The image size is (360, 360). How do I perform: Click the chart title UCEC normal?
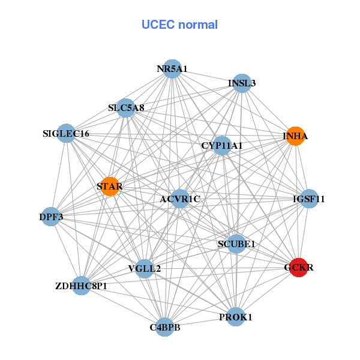[x=179, y=25]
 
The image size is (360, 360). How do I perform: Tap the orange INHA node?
[x=295, y=136]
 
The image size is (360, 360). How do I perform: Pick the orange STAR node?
[x=110, y=187]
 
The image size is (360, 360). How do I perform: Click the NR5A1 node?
[x=172, y=69]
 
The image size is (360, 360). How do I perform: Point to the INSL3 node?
[x=242, y=83]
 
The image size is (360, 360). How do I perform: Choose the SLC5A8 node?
[x=126, y=109]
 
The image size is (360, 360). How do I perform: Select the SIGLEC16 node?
[x=66, y=133]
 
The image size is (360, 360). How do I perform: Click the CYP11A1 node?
[x=222, y=145]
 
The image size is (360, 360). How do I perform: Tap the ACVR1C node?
[x=181, y=199]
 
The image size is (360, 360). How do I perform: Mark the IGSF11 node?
[x=308, y=199]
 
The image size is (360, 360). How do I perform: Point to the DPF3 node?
[x=52, y=216]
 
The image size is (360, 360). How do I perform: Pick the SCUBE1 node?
[x=236, y=244]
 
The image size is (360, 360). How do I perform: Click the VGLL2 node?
[x=145, y=268]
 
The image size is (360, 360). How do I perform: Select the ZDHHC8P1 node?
[x=81, y=286]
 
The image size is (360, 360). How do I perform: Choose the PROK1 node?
[x=236, y=316]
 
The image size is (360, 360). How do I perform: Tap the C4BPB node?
[x=165, y=327]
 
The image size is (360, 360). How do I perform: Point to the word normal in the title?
[x=198, y=25]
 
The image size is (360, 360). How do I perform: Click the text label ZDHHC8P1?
[x=81, y=286]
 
